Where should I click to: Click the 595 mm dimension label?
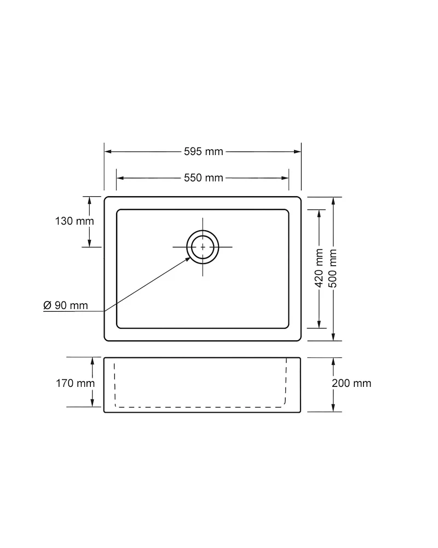(x=203, y=151)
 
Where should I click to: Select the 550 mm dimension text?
(x=203, y=178)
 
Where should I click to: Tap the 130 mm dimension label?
(x=74, y=221)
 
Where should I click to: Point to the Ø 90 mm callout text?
(x=65, y=305)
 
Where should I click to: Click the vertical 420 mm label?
(x=319, y=268)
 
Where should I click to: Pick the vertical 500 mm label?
(x=333, y=268)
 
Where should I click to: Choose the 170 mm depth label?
(x=75, y=383)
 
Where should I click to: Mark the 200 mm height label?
(x=351, y=383)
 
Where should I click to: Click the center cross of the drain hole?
(x=203, y=247)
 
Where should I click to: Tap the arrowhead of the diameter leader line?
(x=188, y=259)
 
